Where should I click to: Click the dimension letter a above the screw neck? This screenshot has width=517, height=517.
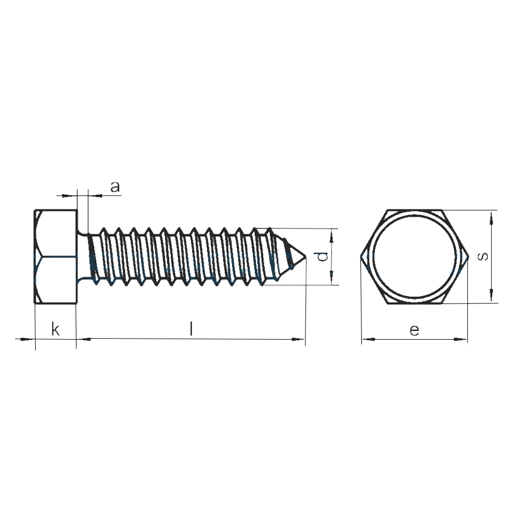[115, 187]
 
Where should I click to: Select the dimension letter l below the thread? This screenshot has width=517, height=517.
[191, 329]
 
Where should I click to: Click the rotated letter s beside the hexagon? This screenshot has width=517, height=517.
[483, 256]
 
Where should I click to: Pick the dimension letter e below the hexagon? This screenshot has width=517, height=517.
[415, 330]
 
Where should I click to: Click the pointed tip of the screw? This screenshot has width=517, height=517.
[306, 256]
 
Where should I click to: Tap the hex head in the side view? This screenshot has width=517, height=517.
[56, 256]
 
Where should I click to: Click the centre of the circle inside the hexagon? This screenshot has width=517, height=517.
[415, 256]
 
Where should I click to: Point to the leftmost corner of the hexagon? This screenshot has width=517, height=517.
[360, 256]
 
